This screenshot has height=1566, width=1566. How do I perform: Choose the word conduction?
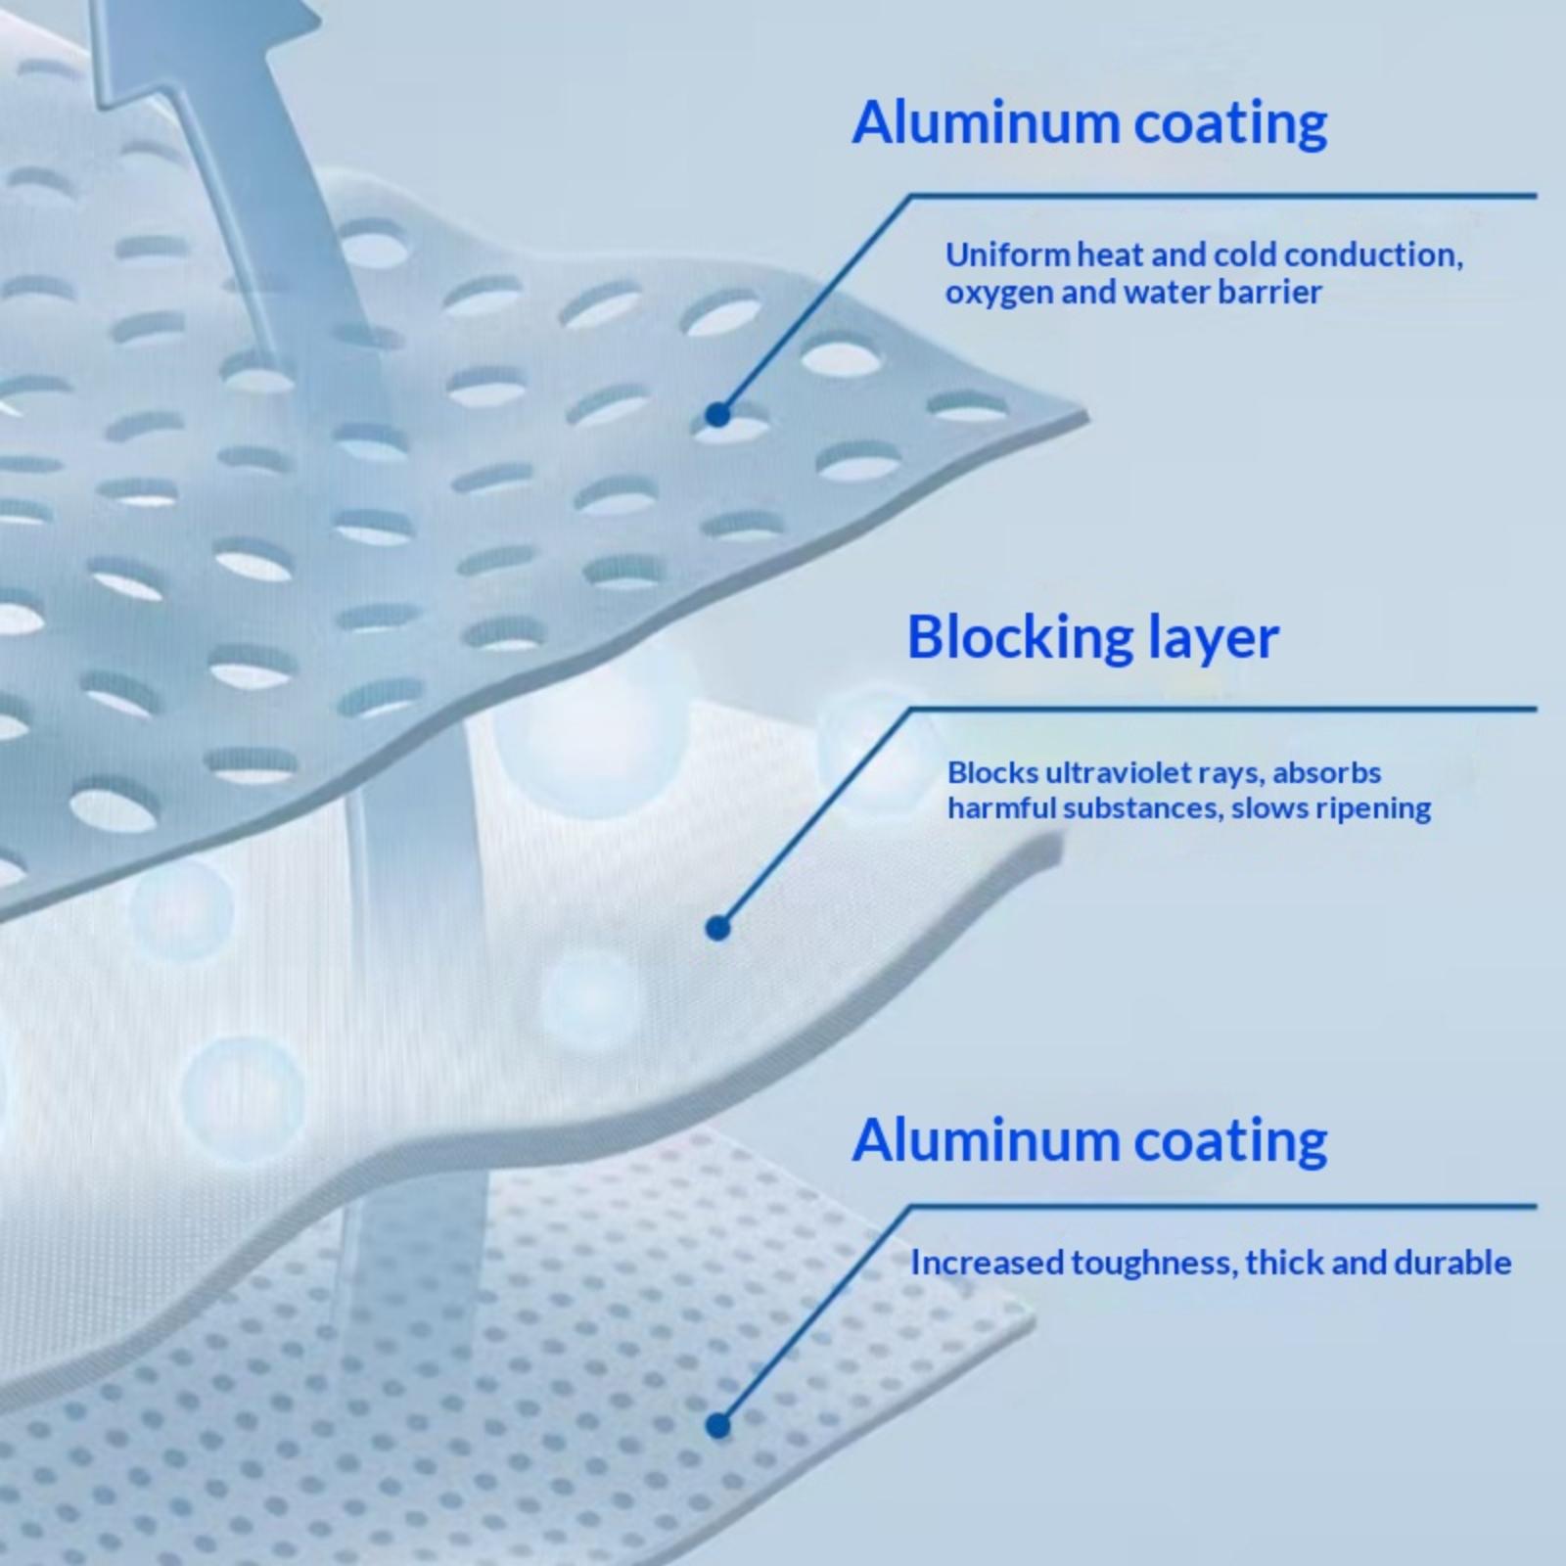click(x=1373, y=255)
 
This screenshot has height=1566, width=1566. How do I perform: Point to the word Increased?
click(x=986, y=1263)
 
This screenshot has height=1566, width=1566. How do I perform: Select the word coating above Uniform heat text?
click(x=1230, y=123)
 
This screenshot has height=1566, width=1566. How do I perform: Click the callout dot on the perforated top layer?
click(x=717, y=415)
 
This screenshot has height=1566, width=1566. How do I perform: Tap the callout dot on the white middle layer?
click(x=717, y=928)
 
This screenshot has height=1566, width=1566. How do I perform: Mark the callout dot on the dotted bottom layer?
click(x=717, y=1426)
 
